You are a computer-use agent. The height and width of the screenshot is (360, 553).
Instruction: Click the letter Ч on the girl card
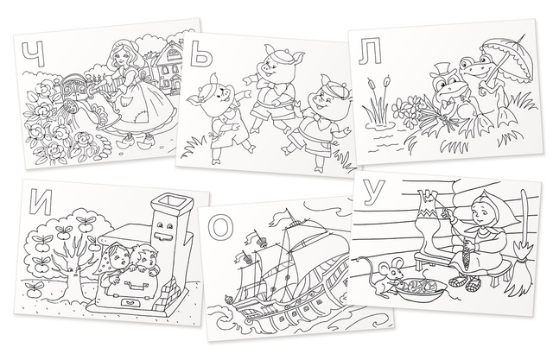click(33, 54)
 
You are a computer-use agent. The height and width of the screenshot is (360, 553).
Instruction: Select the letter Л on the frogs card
click(370, 53)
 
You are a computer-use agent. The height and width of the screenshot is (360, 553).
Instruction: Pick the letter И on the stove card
click(41, 202)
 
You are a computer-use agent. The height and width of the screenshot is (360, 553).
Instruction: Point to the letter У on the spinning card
click(373, 193)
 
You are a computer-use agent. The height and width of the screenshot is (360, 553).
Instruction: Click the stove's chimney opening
click(168, 200)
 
